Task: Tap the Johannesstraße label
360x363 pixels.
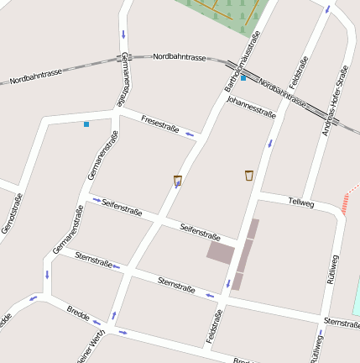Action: coord(252,107)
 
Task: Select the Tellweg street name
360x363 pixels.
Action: coord(300,202)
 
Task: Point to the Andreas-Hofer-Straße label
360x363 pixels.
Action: coord(334,99)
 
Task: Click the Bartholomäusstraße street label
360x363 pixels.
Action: coord(240,61)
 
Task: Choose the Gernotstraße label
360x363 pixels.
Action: coord(12,213)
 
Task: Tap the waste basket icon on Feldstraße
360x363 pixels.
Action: coord(249,175)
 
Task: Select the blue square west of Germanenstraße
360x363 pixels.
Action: coord(86,124)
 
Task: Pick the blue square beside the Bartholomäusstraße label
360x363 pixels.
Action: coord(243,78)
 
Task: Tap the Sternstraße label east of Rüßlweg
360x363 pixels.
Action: coord(341,322)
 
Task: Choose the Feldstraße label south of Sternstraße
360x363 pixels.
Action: coord(213,326)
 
